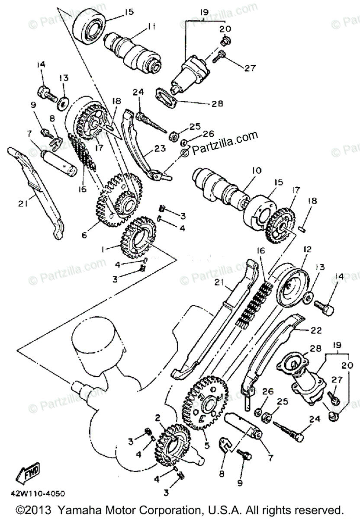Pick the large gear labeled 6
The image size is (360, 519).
(x=118, y=200)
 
